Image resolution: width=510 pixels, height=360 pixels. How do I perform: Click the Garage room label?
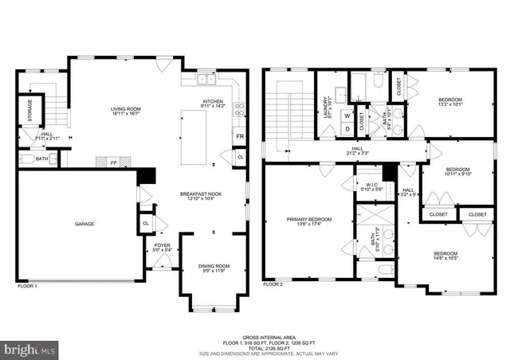84,224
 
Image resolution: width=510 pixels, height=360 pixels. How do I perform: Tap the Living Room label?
126,111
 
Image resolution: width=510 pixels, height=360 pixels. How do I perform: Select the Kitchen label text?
214,102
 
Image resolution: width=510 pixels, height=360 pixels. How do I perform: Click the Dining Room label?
214,267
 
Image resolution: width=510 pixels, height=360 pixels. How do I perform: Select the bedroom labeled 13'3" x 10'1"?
449,100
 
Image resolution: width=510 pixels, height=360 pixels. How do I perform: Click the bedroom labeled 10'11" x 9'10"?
458,170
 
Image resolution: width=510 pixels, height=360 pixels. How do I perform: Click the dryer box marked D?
347,129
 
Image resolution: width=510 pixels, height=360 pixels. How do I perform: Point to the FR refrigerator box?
239,137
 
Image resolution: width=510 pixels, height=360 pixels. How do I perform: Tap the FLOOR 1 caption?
27,284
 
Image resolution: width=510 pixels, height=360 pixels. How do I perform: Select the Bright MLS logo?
29,349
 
